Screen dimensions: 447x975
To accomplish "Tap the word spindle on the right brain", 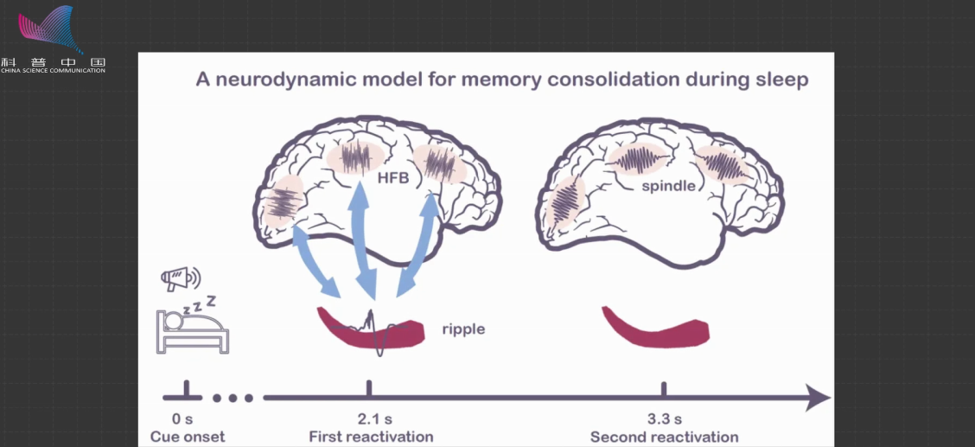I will (668, 186).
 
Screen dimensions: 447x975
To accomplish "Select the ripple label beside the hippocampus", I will (463, 329).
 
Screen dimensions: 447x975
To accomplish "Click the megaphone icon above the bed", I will (179, 278).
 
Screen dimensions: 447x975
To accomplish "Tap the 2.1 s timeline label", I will (370, 418).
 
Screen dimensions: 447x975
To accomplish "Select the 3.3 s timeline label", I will (664, 418).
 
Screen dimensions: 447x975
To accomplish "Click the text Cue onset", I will (187, 437).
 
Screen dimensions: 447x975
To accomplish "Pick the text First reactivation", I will (371, 437).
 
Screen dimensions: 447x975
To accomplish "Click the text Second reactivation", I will (664, 437).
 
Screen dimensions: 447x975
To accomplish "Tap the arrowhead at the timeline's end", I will (817, 398).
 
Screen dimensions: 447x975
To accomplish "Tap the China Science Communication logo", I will (54, 39).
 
